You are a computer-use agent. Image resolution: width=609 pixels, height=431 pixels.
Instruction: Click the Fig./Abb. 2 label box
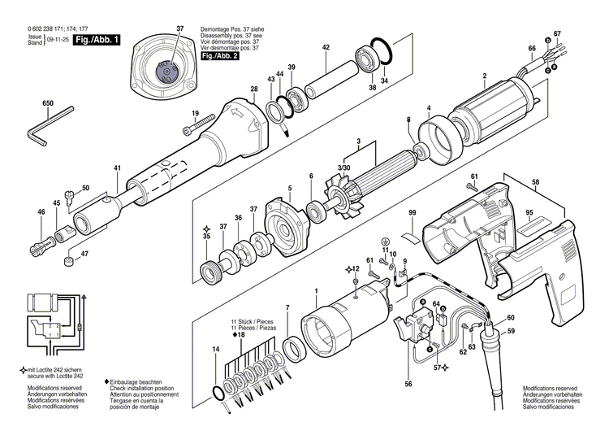coord(218,56)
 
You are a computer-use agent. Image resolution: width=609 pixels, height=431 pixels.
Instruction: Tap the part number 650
coord(48,104)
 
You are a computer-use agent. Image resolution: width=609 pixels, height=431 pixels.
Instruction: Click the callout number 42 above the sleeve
coord(326,47)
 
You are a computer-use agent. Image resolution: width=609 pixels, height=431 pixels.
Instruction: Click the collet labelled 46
coord(42,242)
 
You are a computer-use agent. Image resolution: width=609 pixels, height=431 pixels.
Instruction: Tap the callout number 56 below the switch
coord(408,383)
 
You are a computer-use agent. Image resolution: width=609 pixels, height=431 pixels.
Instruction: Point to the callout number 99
coord(412,211)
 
